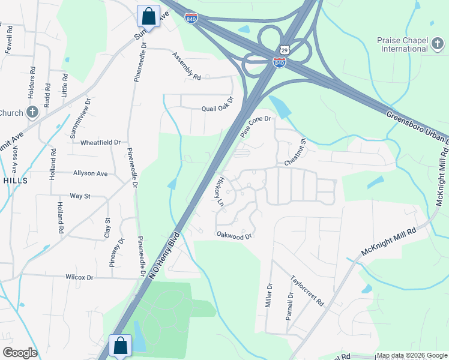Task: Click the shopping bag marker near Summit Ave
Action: (x=148, y=15)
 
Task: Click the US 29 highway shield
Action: (x=284, y=49)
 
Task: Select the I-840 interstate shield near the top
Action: (x=191, y=18)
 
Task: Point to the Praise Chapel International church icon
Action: (x=437, y=44)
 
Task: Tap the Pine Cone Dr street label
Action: (x=256, y=127)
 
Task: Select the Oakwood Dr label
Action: (x=233, y=236)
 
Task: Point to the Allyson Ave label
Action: (x=90, y=173)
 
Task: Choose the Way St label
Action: (x=80, y=196)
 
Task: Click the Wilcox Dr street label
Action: (x=79, y=277)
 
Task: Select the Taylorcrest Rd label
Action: (x=307, y=290)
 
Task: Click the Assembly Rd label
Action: (x=186, y=66)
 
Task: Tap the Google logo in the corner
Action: (x=19, y=353)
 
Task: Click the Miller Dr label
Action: (x=269, y=295)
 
